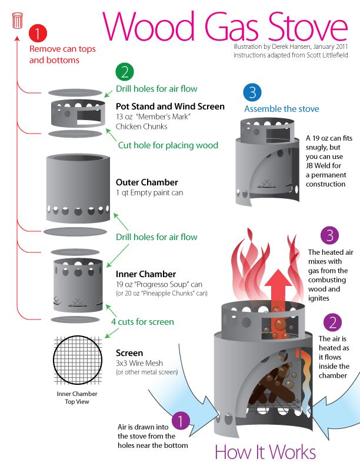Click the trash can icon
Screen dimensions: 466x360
coord(18,21)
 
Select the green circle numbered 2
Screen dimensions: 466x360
coord(124,72)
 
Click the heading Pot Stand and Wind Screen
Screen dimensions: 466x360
coord(170,106)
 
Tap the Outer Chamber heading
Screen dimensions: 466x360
coord(146,182)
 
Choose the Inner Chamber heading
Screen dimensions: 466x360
coord(145,274)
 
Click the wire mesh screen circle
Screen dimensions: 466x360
coord(77,360)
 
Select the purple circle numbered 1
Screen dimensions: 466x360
coord(182,421)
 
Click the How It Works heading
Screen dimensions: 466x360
coord(265,452)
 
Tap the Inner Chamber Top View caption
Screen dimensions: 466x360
coord(77,397)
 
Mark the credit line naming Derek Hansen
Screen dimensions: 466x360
coord(290,47)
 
